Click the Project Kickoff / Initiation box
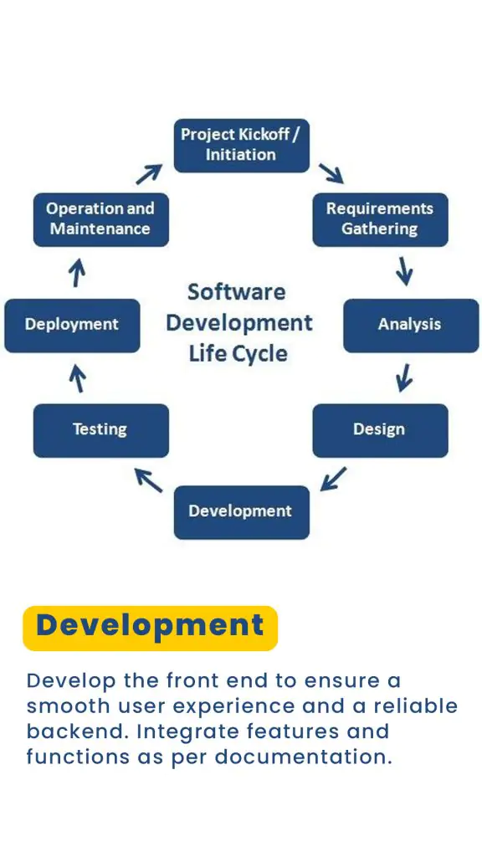pos(242,146)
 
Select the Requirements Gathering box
pos(381,220)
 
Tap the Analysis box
pos(411,326)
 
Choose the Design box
pos(381,431)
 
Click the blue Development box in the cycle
pos(242,512)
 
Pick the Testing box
pos(101,431)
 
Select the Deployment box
pos(72,326)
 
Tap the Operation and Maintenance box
pos(101,220)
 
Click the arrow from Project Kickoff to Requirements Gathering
pos(331,172)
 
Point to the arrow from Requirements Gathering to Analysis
pos(404,271)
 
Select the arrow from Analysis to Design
pos(404,377)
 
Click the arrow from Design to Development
pos(333,479)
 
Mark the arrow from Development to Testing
pos(149,480)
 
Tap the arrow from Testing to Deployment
pos(78,379)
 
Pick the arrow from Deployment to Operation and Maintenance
pos(78,273)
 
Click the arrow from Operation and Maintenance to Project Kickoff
pos(149,174)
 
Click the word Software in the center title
pos(236,292)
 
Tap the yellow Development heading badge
pos(151,628)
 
